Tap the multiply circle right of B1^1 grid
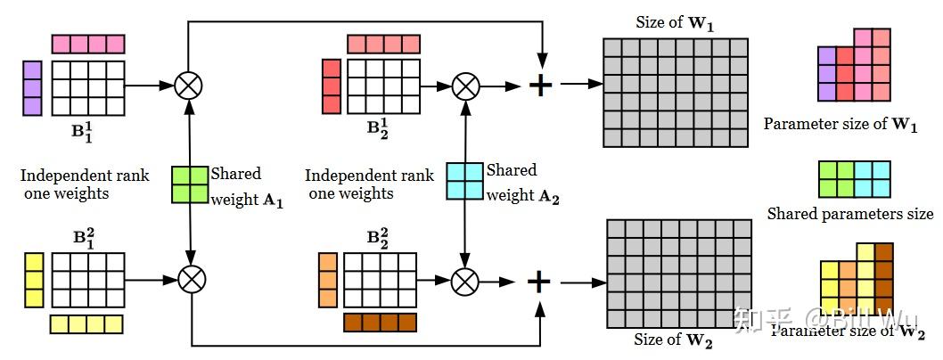(189, 86)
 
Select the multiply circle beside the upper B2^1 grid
(464, 86)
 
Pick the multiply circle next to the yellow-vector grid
(192, 280)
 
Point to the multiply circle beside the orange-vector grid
(464, 282)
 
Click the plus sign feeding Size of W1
(540, 86)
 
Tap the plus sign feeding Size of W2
(538, 282)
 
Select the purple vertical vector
(32, 88)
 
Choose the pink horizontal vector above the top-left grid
(88, 44)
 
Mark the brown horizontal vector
(381, 322)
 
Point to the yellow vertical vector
(33, 280)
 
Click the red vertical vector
(331, 86)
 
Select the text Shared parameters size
(849, 214)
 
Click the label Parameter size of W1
(840, 124)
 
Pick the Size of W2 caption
(674, 339)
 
